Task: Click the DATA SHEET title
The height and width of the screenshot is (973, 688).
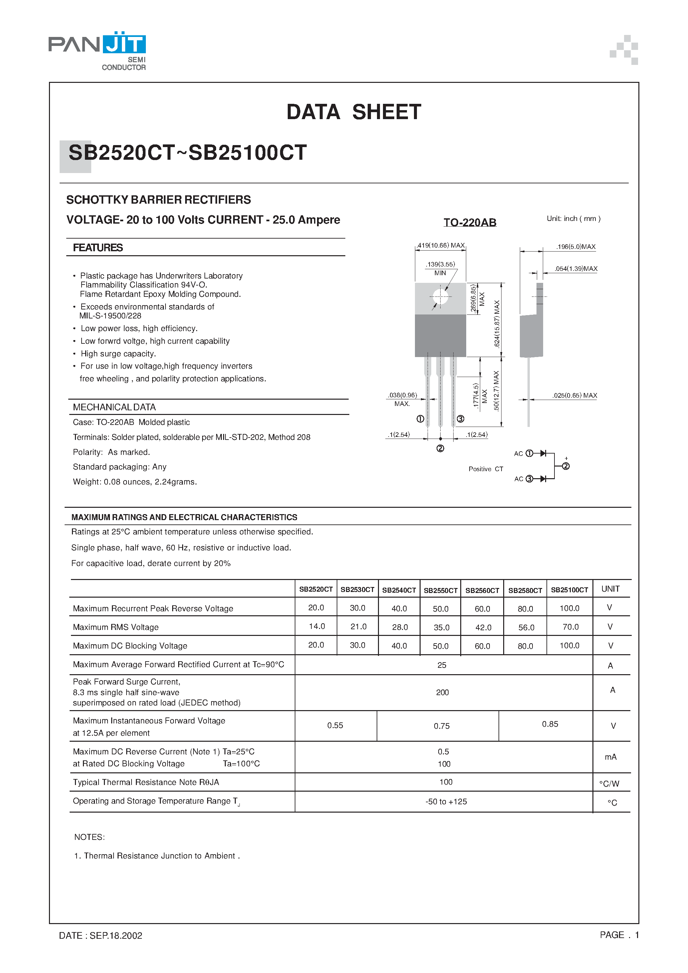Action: coord(353,112)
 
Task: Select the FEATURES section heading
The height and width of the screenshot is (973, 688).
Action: coord(98,248)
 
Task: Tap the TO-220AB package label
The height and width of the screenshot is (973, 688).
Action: coord(470,223)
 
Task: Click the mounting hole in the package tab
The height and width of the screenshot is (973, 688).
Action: coord(440,296)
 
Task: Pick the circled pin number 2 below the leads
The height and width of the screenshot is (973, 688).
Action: coord(440,448)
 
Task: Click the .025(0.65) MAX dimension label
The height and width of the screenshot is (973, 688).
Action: coord(574,395)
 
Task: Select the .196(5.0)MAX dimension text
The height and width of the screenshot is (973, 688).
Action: coord(576,247)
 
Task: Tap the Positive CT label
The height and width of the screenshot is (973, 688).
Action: coord(486,469)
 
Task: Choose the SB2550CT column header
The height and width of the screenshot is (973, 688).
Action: coord(440,590)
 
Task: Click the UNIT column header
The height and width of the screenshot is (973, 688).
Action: coord(610,589)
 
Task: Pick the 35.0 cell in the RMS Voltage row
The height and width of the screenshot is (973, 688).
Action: coord(441,628)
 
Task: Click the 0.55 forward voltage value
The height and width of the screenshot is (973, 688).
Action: coord(335,725)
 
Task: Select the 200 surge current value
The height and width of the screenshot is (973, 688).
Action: coord(442,692)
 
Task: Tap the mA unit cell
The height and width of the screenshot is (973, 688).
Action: coord(610,757)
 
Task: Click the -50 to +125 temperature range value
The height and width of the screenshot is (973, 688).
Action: coord(446,801)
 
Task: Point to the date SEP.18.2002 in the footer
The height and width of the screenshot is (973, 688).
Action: coord(116,936)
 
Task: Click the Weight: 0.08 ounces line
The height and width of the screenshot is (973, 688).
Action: coord(135,482)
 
